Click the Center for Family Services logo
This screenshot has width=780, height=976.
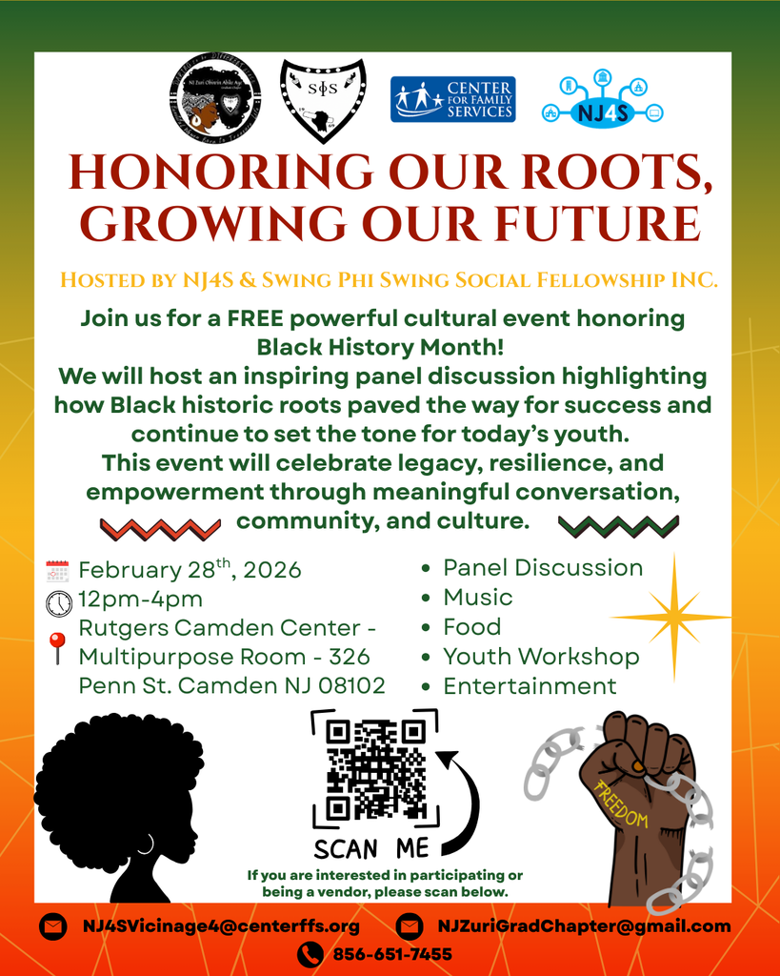(452, 99)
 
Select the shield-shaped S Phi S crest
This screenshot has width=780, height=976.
(323, 99)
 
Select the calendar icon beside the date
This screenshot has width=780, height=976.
(58, 572)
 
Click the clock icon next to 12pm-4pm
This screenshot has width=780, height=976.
(58, 603)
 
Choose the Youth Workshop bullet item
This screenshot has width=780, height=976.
(541, 657)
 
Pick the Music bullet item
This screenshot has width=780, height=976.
(478, 598)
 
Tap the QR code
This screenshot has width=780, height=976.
(375, 769)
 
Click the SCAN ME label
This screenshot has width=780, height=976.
(371, 848)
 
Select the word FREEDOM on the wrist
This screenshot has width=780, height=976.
(621, 805)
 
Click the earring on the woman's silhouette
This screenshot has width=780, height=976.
(146, 844)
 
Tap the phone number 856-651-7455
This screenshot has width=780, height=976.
(392, 954)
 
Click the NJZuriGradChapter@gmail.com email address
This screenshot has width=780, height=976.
(584, 925)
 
